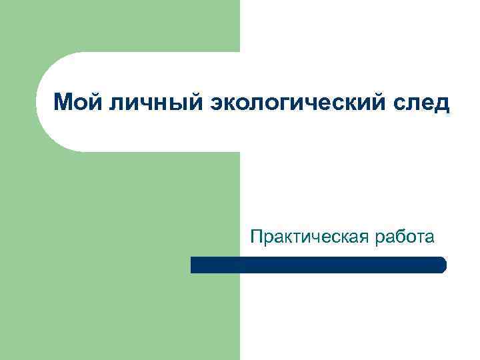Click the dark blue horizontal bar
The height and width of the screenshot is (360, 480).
point(318,265)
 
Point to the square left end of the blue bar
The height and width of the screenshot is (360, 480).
point(194,265)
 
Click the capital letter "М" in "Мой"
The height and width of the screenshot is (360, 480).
point(61,103)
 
